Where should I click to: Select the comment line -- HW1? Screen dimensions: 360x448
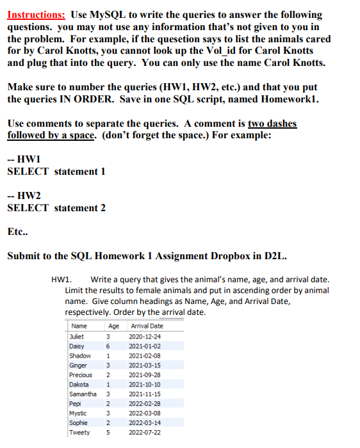point(21,159)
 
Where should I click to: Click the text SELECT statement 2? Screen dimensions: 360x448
point(56,207)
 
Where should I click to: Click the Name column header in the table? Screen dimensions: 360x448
point(80,326)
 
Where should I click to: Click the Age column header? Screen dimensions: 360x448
point(114,326)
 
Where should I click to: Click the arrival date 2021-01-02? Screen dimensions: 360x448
point(145,346)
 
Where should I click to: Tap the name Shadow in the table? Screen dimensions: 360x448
point(80,356)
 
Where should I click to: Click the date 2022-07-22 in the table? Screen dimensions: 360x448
point(145,433)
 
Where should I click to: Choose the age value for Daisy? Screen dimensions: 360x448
point(109,346)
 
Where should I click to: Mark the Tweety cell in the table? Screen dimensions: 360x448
point(79,433)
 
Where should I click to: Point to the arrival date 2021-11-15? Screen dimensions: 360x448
point(145,394)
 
